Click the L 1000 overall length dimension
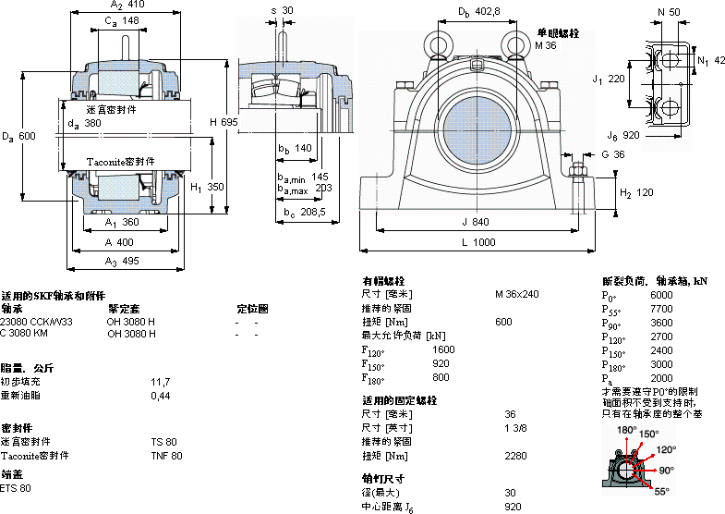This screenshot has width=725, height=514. pyautogui.click(x=477, y=241)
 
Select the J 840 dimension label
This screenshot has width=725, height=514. pyautogui.click(x=477, y=222)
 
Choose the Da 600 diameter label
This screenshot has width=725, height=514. pyautogui.click(x=18, y=136)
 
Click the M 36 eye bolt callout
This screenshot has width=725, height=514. pyautogui.click(x=547, y=44)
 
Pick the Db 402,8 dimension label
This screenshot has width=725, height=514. pyautogui.click(x=479, y=11)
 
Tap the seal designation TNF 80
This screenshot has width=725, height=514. pyautogui.click(x=167, y=455)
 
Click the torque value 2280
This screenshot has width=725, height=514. pyautogui.click(x=515, y=455)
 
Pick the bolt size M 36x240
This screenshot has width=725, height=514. pyautogui.click(x=517, y=295)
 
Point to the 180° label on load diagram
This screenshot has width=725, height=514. pyautogui.click(x=627, y=431)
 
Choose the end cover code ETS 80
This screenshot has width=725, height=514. pyautogui.click(x=16, y=487)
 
